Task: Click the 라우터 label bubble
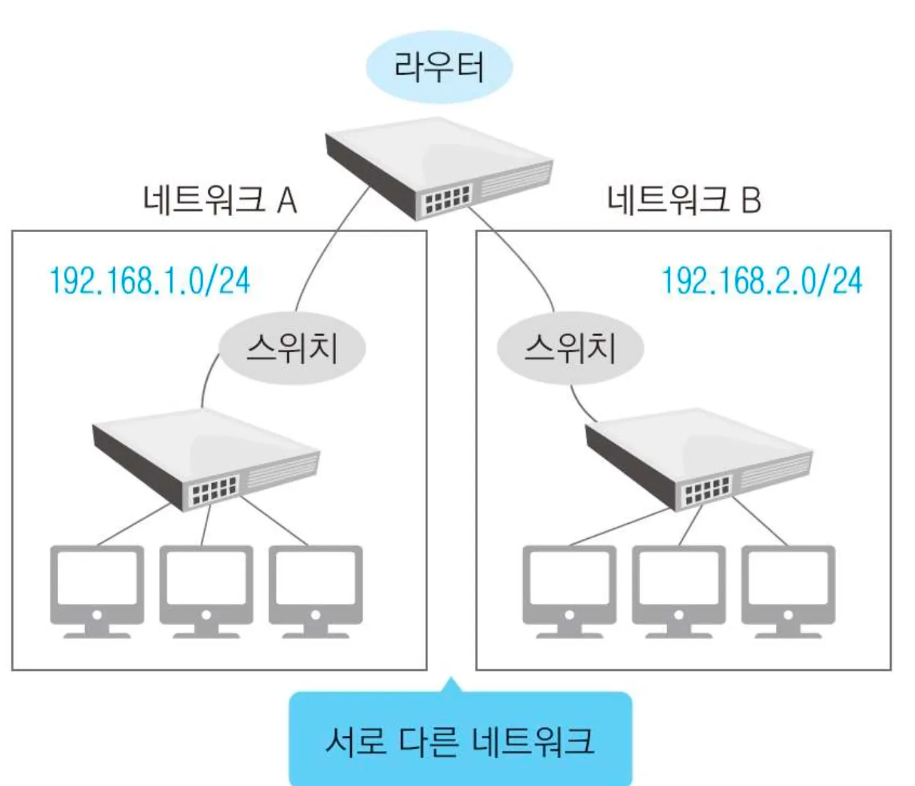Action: [x=439, y=67]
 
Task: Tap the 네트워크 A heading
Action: [x=219, y=200]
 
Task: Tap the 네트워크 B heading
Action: [x=683, y=200]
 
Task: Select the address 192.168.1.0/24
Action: [x=150, y=280]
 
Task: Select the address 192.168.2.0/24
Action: [x=762, y=280]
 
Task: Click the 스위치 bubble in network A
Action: [x=292, y=348]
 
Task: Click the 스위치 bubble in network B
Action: [x=570, y=348]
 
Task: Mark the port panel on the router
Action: [x=447, y=200]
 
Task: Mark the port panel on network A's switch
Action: [x=214, y=490]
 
